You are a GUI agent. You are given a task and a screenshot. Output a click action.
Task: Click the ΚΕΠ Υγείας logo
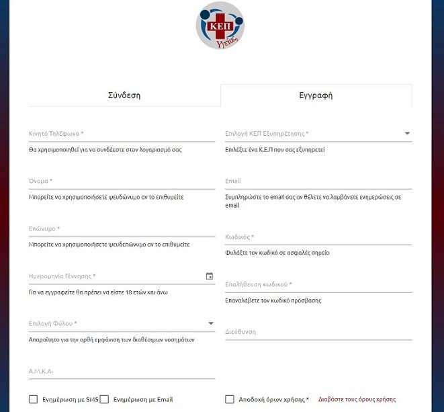pyautogui.click(x=220, y=26)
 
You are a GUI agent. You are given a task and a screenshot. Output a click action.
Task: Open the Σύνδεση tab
pyautogui.click(x=124, y=95)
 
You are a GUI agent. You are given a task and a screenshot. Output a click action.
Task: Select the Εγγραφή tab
pyautogui.click(x=316, y=95)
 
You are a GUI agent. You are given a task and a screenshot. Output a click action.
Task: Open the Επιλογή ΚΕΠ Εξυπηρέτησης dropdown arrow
pyautogui.click(x=407, y=134)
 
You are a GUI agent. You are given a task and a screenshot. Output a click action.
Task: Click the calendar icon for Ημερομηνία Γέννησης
pyautogui.click(x=210, y=276)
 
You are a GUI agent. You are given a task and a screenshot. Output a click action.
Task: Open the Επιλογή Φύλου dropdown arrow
pyautogui.click(x=210, y=324)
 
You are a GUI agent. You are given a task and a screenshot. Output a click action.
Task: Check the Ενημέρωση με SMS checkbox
pyautogui.click(x=34, y=399)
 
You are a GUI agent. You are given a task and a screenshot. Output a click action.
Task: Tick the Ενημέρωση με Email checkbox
pyautogui.click(x=104, y=399)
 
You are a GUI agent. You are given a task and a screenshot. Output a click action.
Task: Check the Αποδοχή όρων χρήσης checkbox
pyautogui.click(x=230, y=399)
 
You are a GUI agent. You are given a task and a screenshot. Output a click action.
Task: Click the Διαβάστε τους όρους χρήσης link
pyautogui.click(x=357, y=399)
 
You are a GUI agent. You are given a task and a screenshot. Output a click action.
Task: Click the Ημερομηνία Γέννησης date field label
pyautogui.click(x=62, y=276)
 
